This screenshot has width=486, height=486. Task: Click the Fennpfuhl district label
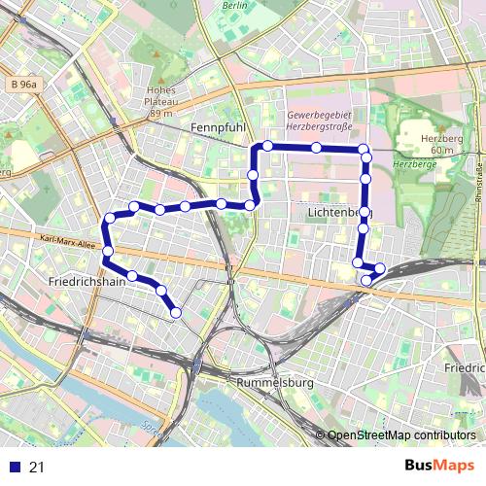(x=218, y=127)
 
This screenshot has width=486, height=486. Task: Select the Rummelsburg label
(x=274, y=383)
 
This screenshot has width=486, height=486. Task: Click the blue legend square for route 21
(x=13, y=468)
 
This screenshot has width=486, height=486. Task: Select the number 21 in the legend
(x=37, y=468)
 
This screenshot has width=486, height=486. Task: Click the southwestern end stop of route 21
(x=176, y=312)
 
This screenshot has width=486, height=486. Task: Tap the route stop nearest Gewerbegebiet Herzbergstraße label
(x=316, y=148)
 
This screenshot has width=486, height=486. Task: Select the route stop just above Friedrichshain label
(x=107, y=251)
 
